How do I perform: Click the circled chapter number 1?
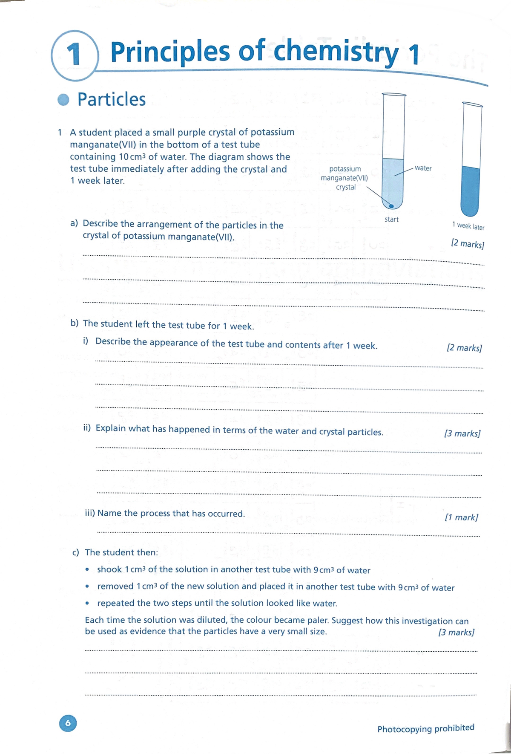click(75, 55)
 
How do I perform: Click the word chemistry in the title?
click(336, 52)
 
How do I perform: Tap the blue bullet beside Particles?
click(63, 99)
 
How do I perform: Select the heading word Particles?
click(112, 99)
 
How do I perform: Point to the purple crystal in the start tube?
click(391, 206)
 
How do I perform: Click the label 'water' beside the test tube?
click(423, 168)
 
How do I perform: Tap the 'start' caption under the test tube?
click(391, 220)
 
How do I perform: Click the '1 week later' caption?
click(468, 226)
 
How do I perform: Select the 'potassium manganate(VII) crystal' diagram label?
click(344, 178)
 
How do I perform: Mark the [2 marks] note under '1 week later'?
click(467, 244)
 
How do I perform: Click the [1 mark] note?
click(461, 517)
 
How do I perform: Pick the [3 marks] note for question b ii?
click(462, 433)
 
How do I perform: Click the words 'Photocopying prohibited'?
click(425, 728)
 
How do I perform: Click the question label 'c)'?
click(76, 553)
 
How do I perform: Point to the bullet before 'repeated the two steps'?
click(87, 604)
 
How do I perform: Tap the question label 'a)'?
click(75, 223)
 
